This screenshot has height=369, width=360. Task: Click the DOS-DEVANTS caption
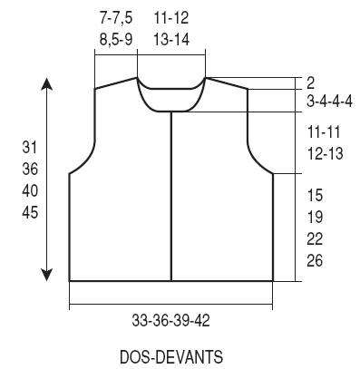point(171,356)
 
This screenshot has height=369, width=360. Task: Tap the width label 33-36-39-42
point(171,321)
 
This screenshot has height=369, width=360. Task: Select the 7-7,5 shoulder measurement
point(116,18)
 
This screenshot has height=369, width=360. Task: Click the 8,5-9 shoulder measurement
point(116,39)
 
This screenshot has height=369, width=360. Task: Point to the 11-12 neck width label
point(171,18)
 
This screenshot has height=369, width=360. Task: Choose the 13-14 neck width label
point(171,39)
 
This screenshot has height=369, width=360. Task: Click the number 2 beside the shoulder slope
point(311,83)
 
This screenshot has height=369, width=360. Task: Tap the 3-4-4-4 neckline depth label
point(329,102)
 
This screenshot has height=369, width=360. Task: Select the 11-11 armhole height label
point(325,132)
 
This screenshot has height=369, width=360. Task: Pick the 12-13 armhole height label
point(326,153)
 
